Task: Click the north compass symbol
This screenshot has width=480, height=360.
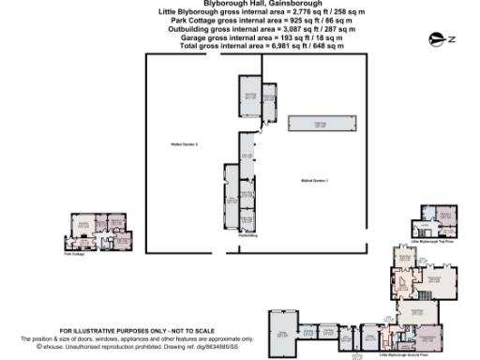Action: (437, 38)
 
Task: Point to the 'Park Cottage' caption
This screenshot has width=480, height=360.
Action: (73, 253)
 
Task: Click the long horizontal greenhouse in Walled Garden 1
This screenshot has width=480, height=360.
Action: (320, 123)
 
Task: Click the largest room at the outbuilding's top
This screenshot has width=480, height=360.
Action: (251, 102)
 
